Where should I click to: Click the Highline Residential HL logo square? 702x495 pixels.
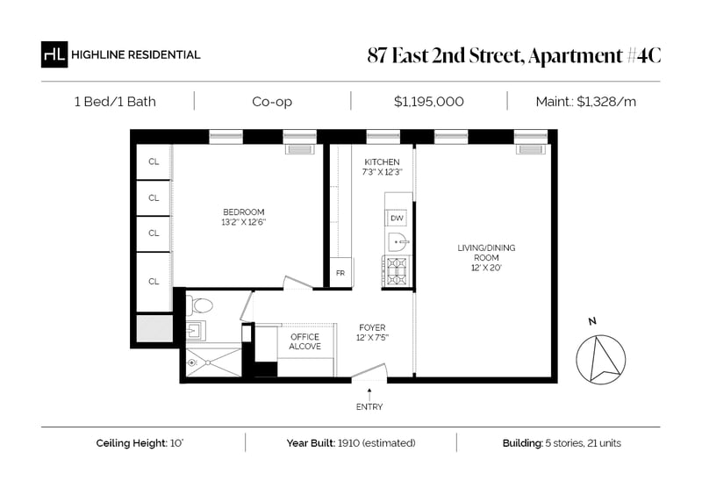54,54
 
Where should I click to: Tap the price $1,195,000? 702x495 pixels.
428,102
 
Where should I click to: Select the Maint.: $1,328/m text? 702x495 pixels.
585,102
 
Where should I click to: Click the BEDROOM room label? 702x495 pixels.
244,212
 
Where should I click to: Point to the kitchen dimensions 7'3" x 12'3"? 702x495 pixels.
383,172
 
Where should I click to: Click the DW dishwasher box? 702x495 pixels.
398,219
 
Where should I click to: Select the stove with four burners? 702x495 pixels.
397,271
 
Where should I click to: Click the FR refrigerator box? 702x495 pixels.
340,272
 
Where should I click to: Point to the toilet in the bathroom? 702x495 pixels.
199,305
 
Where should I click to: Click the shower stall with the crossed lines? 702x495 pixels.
213,362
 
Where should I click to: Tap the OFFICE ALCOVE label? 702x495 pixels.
304,341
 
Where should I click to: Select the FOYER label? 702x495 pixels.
372,327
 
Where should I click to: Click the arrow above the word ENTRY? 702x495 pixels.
369,395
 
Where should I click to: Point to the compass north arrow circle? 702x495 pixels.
600,359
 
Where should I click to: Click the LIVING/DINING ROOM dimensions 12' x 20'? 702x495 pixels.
486,268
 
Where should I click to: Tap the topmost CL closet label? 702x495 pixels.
154,161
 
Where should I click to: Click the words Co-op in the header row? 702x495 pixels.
272,102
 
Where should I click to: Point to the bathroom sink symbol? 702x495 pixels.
195,331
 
